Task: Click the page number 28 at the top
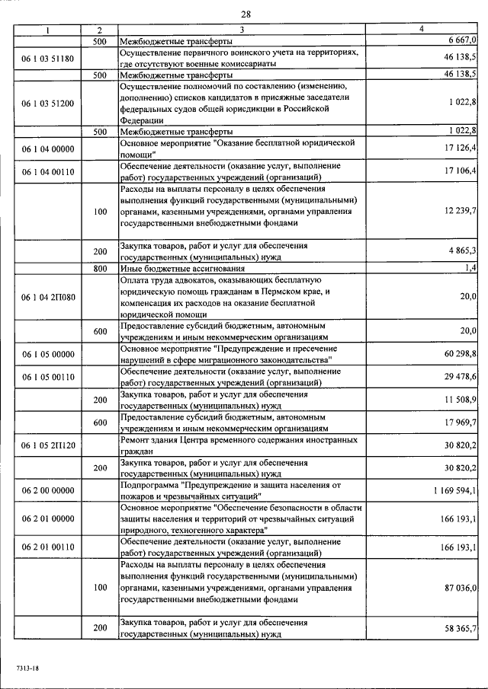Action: pos(246,14)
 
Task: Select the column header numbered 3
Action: pos(240,30)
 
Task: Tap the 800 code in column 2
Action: pos(101,269)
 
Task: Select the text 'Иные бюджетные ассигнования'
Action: pos(182,269)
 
